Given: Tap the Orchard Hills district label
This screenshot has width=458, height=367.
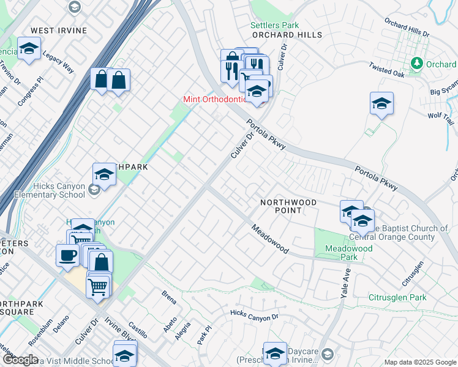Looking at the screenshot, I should [x=287, y=35].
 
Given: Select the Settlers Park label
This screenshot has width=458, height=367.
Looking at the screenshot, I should [x=275, y=25].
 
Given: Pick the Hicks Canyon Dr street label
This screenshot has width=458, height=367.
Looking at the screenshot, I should [x=254, y=316].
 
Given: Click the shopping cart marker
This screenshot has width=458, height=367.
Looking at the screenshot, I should [x=98, y=285].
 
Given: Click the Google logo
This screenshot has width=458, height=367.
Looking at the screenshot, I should [x=20, y=360].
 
